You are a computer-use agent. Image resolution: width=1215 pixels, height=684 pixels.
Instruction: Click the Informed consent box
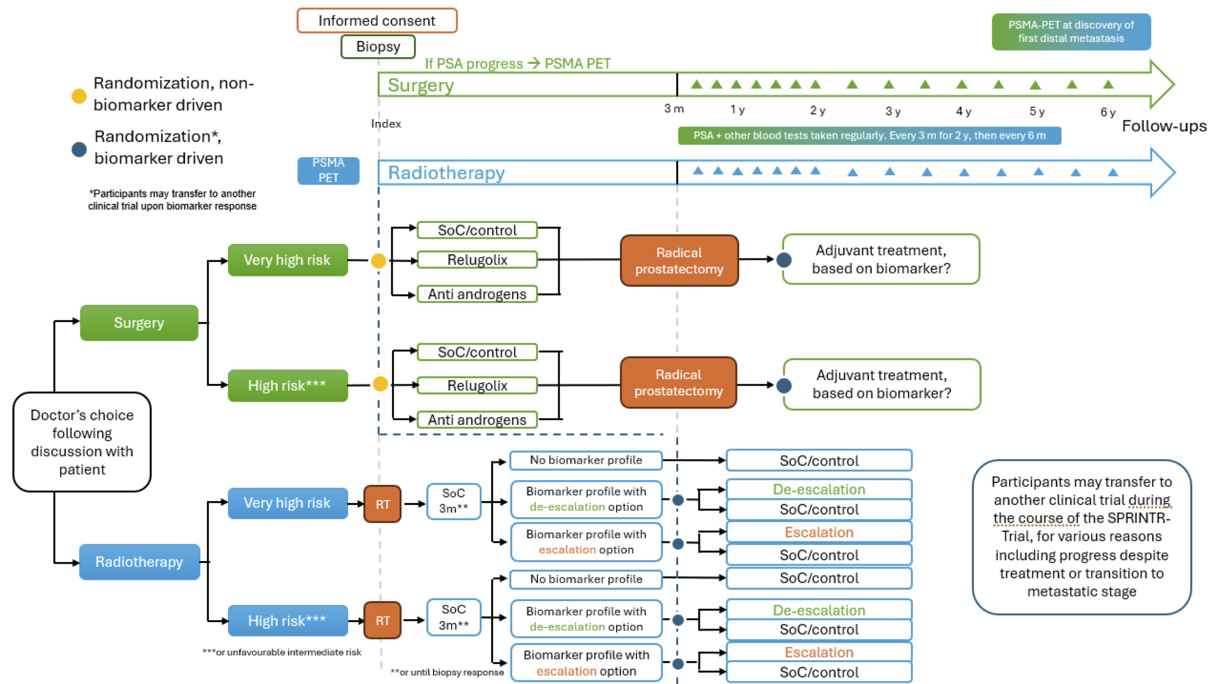click(377, 21)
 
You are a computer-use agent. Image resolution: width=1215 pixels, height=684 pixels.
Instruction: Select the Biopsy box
click(378, 47)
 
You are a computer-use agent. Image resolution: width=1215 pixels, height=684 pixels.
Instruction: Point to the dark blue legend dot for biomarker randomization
click(79, 149)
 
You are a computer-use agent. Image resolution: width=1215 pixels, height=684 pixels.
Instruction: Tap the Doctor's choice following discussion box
click(82, 442)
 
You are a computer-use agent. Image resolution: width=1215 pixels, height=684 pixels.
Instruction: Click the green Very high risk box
click(288, 260)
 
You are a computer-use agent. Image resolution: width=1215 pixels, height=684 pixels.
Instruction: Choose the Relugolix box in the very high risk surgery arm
click(477, 260)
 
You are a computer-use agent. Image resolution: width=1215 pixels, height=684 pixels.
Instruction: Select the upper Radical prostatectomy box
click(679, 261)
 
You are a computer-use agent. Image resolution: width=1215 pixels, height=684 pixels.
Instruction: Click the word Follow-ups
click(1164, 126)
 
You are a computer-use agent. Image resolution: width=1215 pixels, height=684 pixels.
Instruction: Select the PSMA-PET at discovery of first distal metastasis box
click(1071, 32)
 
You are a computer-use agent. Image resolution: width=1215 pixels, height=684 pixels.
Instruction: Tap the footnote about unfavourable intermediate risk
click(282, 652)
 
